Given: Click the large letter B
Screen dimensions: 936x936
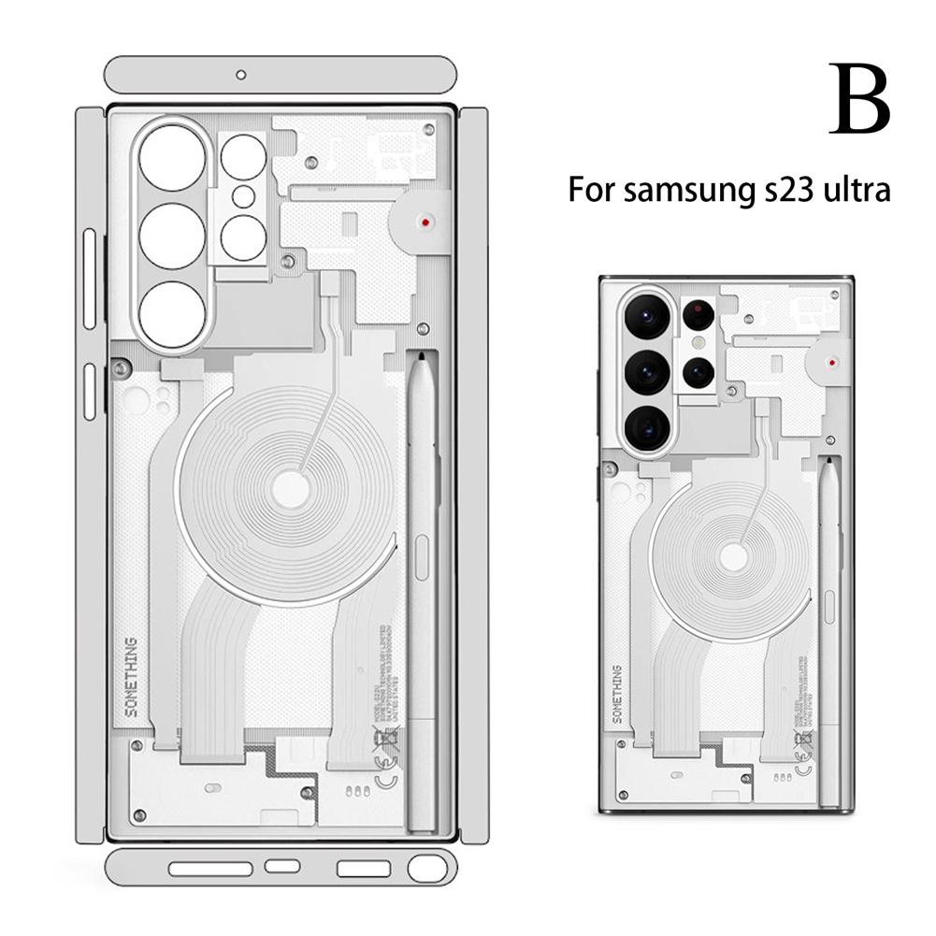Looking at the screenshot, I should (857, 101).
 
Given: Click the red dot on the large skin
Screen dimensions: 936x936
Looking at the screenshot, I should (426, 223).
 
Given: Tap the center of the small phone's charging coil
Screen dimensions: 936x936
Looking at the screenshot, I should (734, 558).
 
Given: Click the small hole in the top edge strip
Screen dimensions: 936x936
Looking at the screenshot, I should (240, 73).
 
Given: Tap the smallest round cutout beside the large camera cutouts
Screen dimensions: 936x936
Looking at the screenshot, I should (243, 195).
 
